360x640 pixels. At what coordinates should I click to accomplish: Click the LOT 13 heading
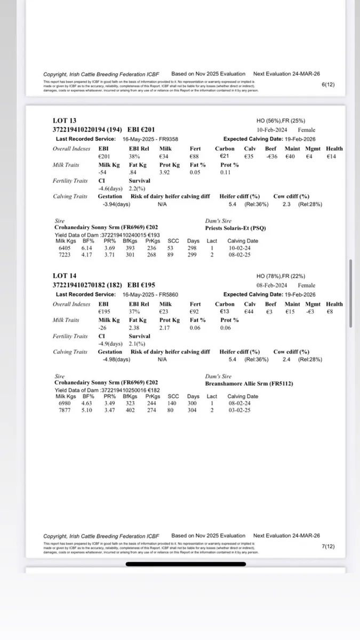[65, 121]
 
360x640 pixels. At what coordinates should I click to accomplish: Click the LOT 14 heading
[65, 276]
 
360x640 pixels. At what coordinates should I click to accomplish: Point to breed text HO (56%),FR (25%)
[281, 121]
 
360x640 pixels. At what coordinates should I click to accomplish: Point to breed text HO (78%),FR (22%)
[281, 276]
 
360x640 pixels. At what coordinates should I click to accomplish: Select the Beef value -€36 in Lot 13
[271, 157]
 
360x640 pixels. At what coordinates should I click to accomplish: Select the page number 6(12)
[329, 84]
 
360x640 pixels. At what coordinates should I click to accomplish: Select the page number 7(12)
[329, 547]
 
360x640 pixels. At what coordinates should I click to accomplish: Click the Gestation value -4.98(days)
[116, 359]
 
